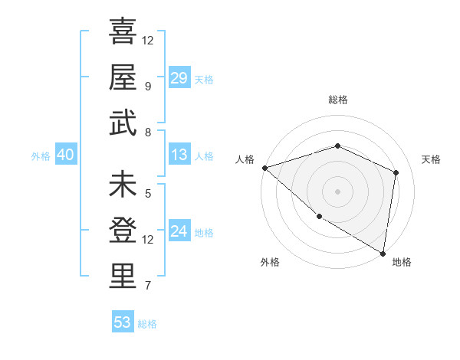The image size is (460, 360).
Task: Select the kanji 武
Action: (123, 123)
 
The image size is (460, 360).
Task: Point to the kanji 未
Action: (123, 185)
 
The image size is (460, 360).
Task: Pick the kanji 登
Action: (123, 231)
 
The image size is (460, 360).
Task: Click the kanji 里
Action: (123, 277)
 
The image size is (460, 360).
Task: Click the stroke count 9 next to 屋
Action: (148, 86)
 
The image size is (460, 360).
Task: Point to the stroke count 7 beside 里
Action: (148, 286)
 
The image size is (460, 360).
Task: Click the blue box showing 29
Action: (179, 77)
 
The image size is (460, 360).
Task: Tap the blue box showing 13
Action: (179, 155)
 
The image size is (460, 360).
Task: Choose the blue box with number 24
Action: (179, 231)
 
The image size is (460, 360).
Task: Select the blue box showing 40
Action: (65, 155)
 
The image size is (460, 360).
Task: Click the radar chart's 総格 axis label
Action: (337, 100)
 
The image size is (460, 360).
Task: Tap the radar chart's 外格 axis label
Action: (270, 262)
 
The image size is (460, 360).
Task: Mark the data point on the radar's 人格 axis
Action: (264, 167)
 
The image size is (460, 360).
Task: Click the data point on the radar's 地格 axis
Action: (383, 252)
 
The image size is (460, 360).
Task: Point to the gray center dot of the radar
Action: (337, 191)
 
